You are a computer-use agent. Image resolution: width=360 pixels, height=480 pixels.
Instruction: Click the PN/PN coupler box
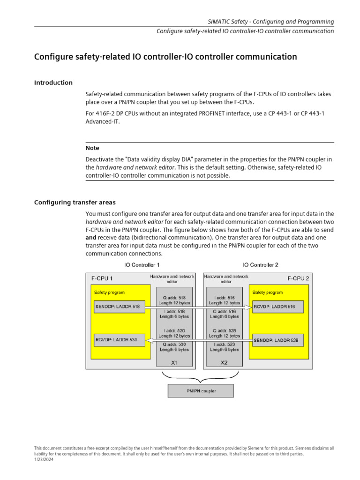pos(200,390)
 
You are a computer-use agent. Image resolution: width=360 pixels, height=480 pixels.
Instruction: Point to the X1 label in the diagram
pos(174,362)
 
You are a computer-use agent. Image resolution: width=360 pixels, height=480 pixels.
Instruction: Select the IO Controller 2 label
pos(261,265)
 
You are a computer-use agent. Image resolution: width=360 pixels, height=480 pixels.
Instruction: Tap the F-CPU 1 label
pos(102,278)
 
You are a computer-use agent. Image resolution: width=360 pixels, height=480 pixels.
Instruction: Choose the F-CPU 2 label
pos(299,278)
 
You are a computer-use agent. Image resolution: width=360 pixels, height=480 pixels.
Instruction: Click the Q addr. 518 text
pos(174,297)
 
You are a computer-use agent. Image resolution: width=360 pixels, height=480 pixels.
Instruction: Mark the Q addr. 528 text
pos(224,330)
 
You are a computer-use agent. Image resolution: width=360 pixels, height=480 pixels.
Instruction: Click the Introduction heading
pos(53,82)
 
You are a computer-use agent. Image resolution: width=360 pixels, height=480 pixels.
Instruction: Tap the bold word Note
pos(92,148)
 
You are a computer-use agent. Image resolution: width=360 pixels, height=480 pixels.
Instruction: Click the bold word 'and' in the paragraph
pos(91,238)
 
